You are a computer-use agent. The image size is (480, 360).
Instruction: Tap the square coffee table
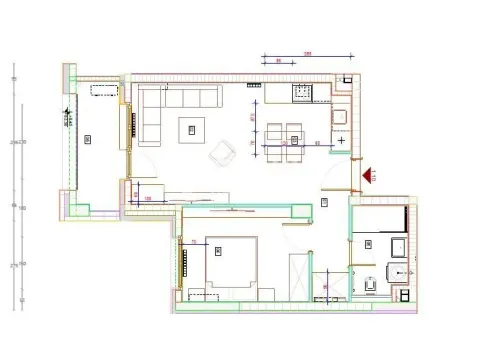(x=190, y=128)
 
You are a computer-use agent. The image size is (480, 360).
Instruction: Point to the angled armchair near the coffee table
(x=220, y=152)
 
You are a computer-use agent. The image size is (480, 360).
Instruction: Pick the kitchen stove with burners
(x=301, y=94)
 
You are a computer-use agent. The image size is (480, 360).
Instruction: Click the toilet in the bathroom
(x=371, y=285)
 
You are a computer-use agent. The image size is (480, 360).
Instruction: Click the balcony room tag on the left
(x=89, y=138)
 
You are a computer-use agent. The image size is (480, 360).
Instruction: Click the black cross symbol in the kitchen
(x=342, y=141)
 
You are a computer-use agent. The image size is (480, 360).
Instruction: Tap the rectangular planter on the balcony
(x=102, y=89)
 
